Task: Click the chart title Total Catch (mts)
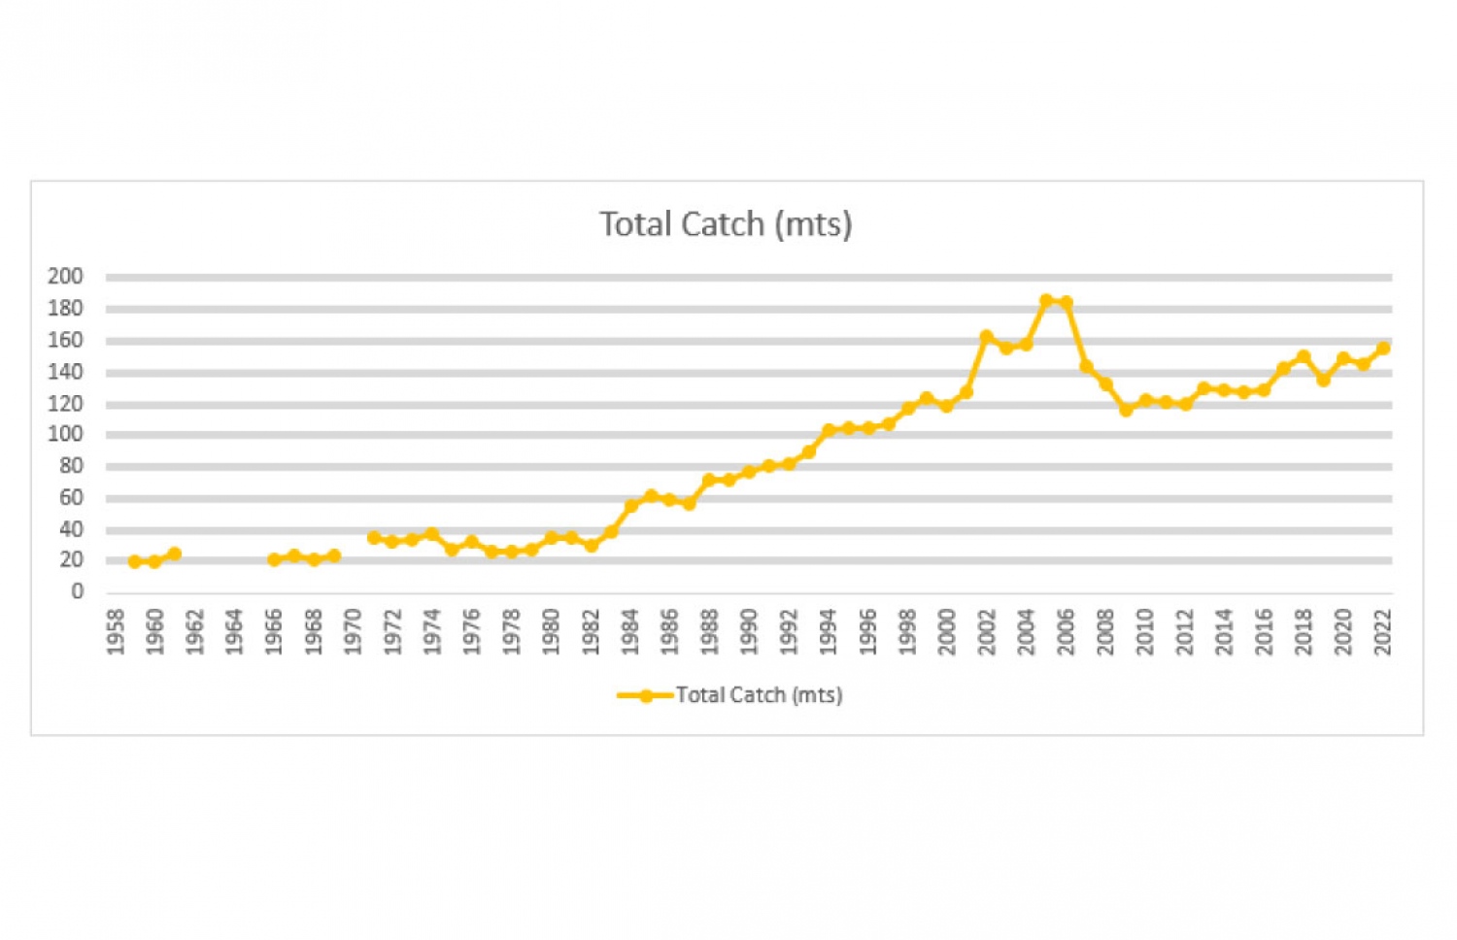tap(726, 224)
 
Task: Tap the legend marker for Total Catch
tap(645, 695)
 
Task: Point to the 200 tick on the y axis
tap(65, 277)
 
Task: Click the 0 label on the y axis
tap(77, 591)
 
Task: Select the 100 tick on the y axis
tap(65, 434)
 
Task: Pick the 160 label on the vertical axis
tap(65, 340)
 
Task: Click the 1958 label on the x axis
tap(116, 631)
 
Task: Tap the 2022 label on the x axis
tap(1382, 631)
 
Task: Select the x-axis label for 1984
tap(630, 631)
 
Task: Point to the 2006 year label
tap(1066, 631)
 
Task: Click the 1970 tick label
tap(353, 631)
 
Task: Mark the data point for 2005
tap(1046, 301)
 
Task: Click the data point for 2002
tap(987, 337)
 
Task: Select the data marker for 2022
tap(1382, 348)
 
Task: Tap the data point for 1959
tap(135, 561)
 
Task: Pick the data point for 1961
tap(175, 554)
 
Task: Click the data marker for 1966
tap(274, 559)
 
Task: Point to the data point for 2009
tap(1126, 410)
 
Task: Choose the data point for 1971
tap(373, 537)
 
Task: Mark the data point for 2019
tap(1323, 380)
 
